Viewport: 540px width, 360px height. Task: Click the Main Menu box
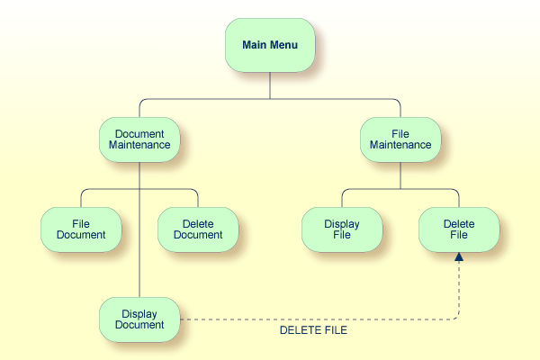click(x=270, y=45)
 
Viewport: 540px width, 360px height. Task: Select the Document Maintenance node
click(x=139, y=139)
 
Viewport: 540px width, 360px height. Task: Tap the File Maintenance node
click(x=400, y=139)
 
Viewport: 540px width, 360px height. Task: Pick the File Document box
click(x=81, y=229)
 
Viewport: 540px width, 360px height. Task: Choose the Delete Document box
click(x=198, y=229)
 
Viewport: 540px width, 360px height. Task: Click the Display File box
click(x=342, y=229)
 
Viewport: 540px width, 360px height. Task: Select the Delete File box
click(x=459, y=229)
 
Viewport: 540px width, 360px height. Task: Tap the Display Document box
click(x=139, y=319)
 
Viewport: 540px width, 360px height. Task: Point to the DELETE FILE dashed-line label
click(x=313, y=330)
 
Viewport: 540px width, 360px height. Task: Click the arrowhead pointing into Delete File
click(x=459, y=257)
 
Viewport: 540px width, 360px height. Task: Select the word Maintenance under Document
click(x=139, y=144)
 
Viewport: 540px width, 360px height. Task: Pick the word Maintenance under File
click(x=400, y=144)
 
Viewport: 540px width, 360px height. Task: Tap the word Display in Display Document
click(x=139, y=313)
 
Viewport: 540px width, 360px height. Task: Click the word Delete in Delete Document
click(x=198, y=223)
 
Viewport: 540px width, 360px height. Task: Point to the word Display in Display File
click(x=342, y=223)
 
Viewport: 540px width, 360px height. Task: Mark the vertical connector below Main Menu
click(x=270, y=85)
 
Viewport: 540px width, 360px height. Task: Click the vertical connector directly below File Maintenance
click(x=400, y=175)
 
